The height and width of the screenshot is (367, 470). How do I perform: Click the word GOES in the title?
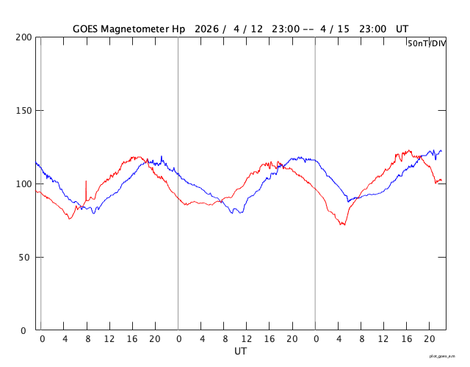point(87,29)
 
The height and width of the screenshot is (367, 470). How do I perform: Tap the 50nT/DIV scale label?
point(427,43)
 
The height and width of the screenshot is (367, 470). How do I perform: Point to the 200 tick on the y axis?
point(22,37)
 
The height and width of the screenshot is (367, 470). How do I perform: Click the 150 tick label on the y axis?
point(22,111)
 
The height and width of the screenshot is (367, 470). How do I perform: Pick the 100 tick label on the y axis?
point(22,184)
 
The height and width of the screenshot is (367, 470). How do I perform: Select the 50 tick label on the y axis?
point(25,258)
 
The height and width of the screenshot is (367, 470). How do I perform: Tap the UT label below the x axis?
point(240,352)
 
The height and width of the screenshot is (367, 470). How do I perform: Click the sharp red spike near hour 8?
point(86,182)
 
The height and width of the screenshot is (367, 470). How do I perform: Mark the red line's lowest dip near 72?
point(342,224)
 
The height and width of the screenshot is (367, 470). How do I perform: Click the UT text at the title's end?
point(402,29)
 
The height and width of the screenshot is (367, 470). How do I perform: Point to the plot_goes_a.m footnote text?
point(446,355)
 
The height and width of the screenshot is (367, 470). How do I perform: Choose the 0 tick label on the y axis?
point(28,331)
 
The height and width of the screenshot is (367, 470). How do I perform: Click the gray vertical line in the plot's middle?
point(178,183)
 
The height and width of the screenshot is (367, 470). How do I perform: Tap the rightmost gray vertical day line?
point(315,183)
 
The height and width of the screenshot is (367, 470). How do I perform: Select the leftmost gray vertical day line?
point(40,183)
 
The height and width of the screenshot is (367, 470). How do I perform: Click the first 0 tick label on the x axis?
point(42,339)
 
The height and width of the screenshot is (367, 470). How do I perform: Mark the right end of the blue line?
point(441,151)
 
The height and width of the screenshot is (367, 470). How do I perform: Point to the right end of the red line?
point(441,180)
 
